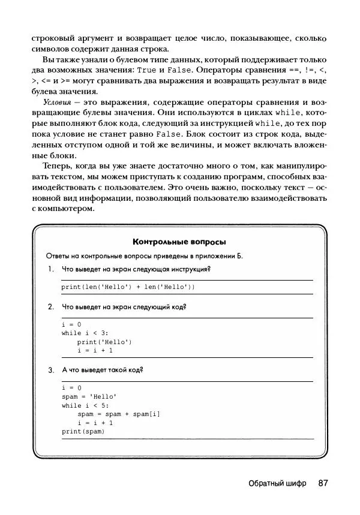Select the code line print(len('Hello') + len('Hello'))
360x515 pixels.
point(128,287)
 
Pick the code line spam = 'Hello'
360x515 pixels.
point(89,397)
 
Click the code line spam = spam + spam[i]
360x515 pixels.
point(119,414)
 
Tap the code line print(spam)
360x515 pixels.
point(83,431)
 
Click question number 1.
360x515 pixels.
point(51,269)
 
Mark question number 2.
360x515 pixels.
point(51,307)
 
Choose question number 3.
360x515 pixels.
point(51,371)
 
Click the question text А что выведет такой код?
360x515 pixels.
point(103,371)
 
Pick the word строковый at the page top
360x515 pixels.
point(52,38)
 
